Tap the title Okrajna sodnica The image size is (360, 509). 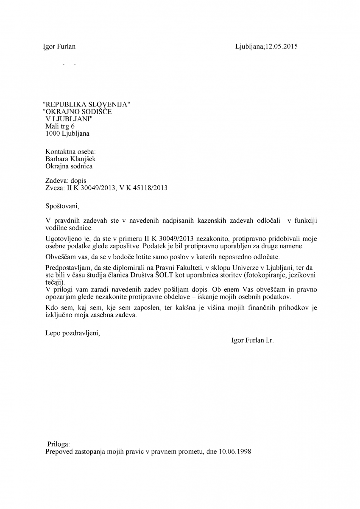pos(69,166)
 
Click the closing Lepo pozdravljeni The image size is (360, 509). pos(73,333)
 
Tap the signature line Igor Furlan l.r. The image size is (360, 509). pos(253,340)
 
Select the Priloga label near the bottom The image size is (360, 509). pos(59,445)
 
